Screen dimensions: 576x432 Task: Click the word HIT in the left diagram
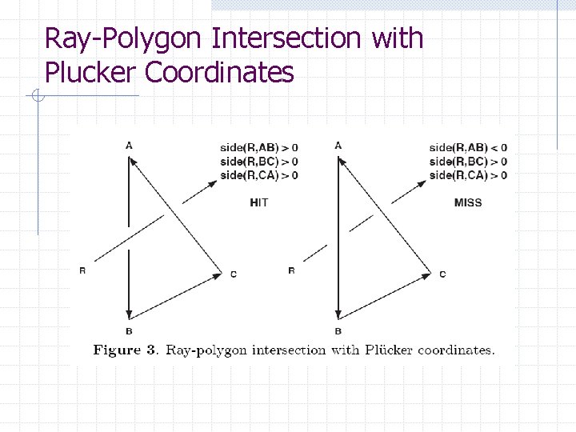coord(259,202)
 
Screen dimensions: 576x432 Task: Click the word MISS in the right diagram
coord(468,202)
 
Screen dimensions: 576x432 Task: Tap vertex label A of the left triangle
coord(129,145)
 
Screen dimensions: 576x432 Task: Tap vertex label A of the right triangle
coord(338,145)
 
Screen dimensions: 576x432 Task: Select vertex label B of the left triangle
coord(129,331)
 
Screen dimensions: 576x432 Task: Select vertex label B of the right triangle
coord(338,331)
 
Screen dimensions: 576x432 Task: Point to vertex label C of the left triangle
coord(233,274)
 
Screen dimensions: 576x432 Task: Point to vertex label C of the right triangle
coord(442,274)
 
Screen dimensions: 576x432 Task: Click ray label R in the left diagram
coord(82,270)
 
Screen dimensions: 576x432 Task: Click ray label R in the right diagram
coord(291,270)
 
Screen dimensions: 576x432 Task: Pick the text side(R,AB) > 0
coord(259,147)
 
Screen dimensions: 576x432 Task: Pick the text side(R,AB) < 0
coord(468,147)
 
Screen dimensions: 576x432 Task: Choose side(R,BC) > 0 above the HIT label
coord(259,162)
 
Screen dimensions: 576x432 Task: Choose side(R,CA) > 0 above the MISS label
coord(468,175)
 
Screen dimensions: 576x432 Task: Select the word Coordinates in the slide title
coord(219,73)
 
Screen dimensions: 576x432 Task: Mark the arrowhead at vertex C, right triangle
coord(426,274)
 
